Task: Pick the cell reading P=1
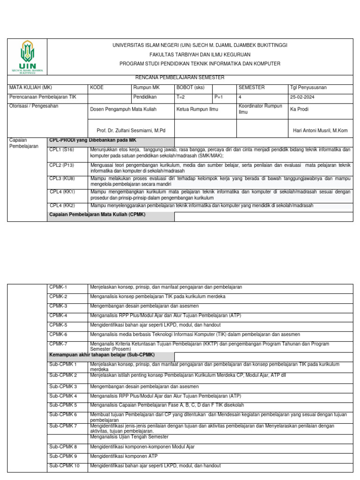tap(218, 97)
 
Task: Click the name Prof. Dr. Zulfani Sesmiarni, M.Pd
tap(127, 130)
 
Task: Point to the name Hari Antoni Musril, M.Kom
tap(320, 130)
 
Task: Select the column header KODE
tap(97, 88)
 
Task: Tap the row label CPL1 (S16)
tap(62, 150)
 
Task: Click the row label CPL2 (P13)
tap(62, 165)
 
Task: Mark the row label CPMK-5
tap(59, 325)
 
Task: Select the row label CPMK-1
tap(59, 287)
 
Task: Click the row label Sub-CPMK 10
tap(65, 465)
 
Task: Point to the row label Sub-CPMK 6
tap(63, 414)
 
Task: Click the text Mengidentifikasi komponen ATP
tap(124, 456)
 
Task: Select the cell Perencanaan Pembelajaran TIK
tap(43, 97)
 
